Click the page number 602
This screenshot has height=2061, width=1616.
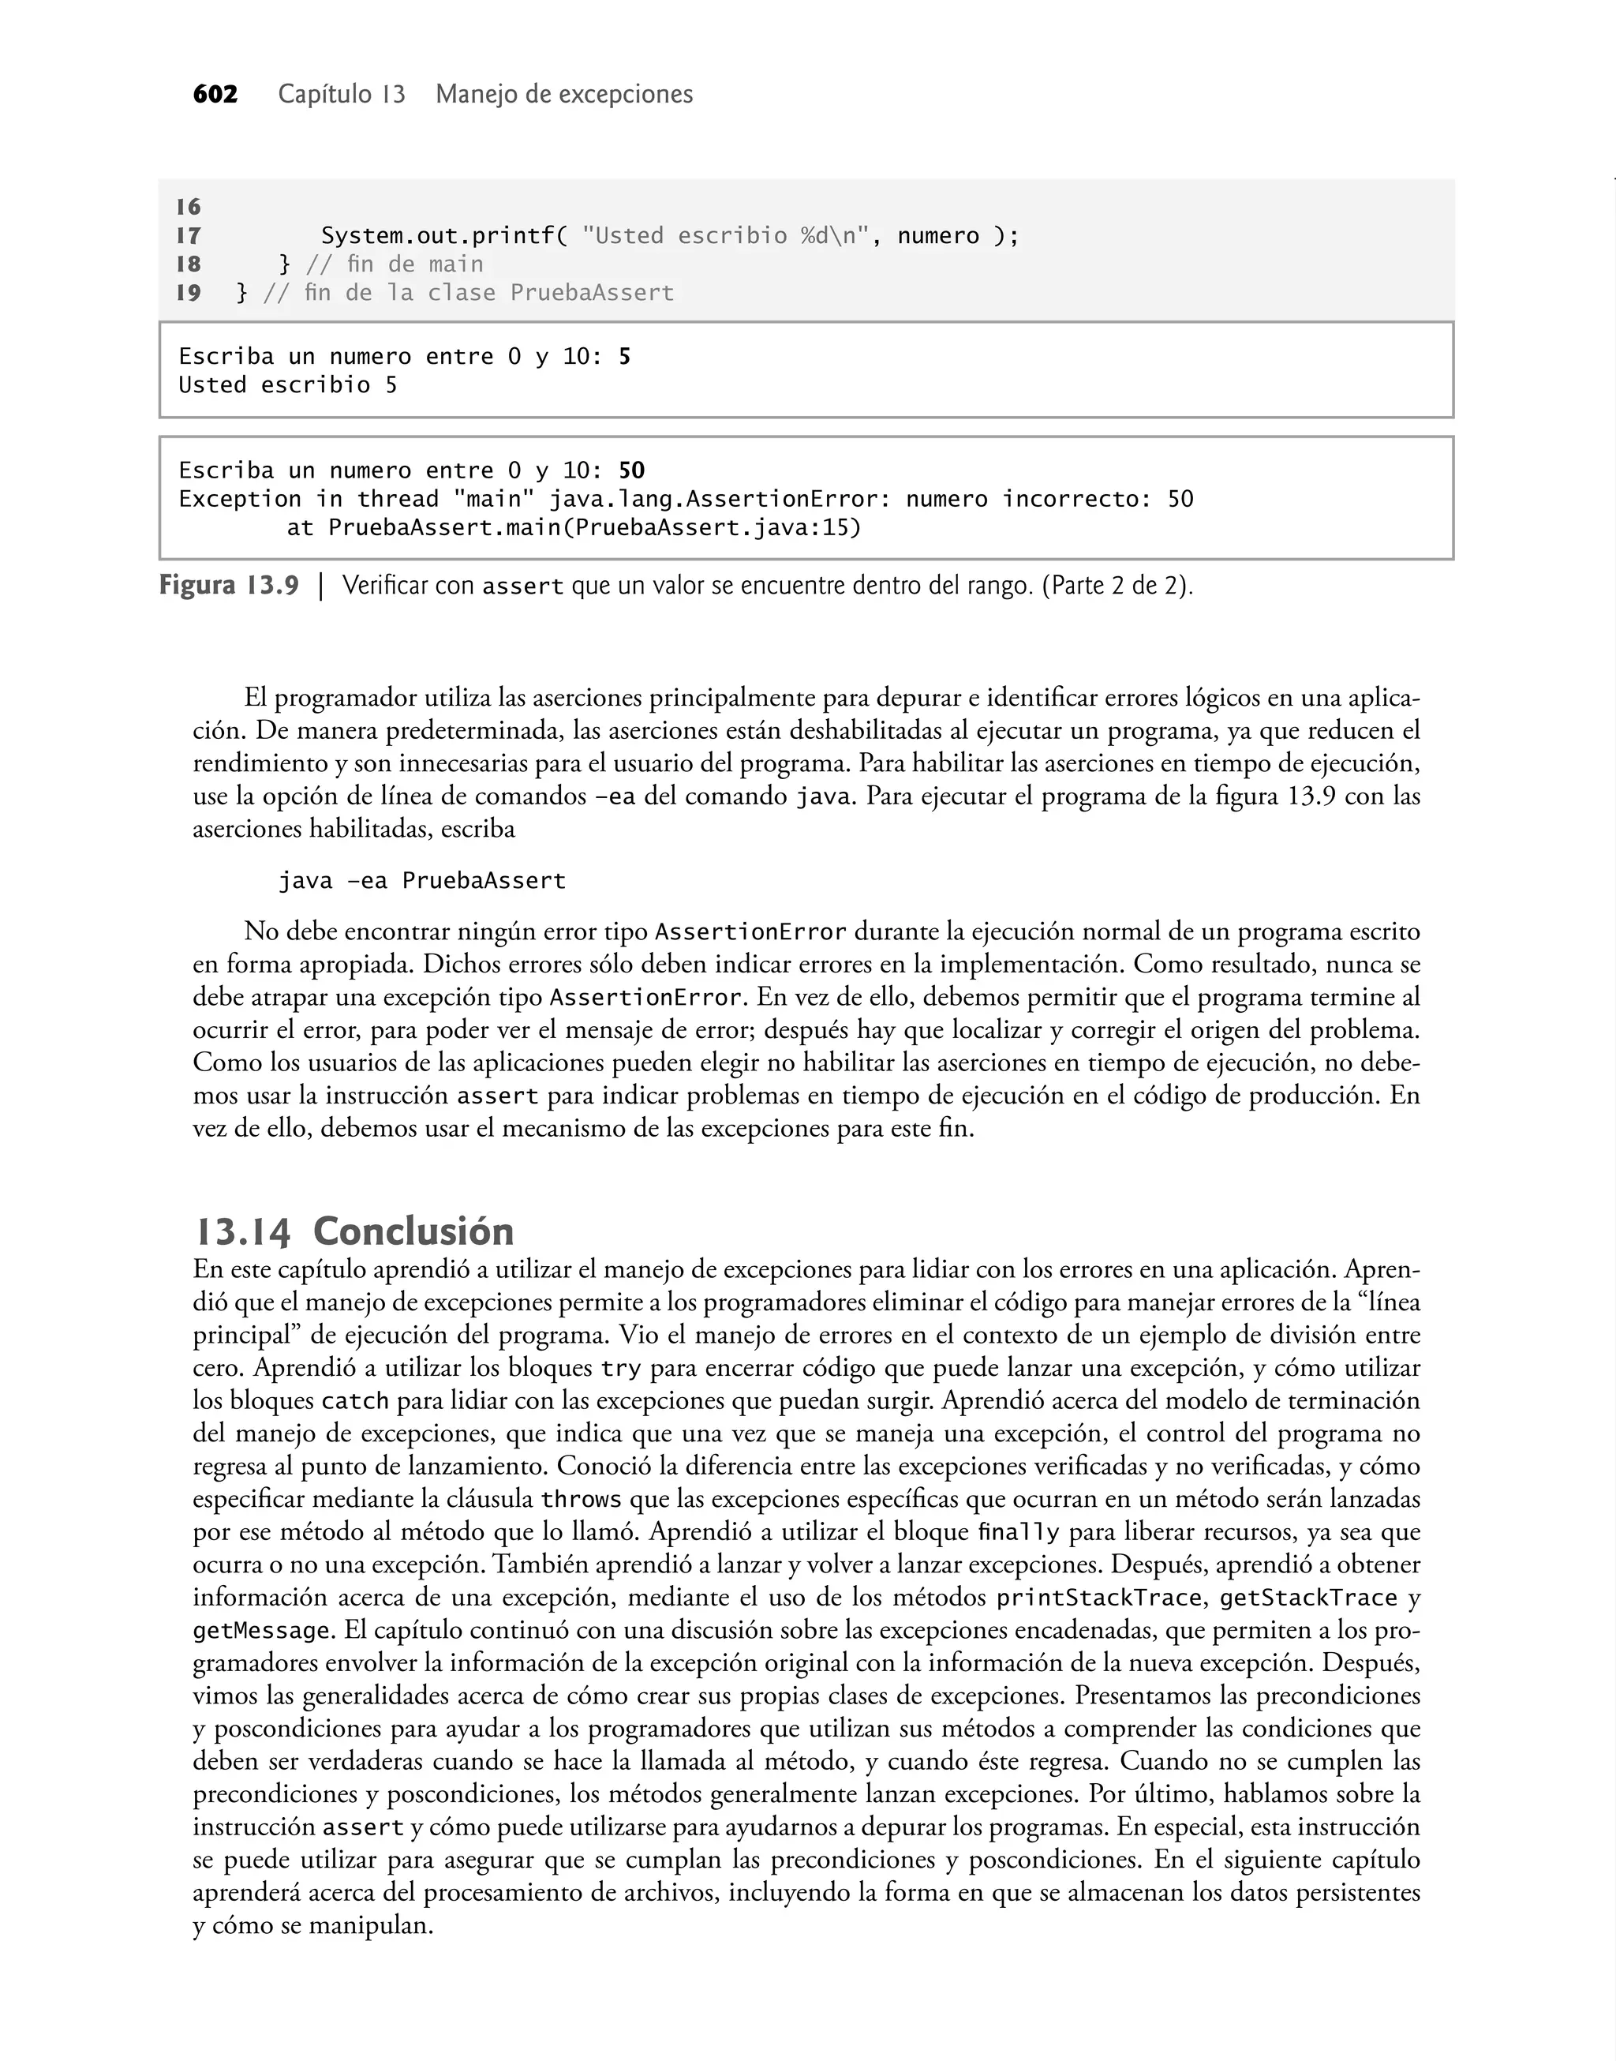[215, 95]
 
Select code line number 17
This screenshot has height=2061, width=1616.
[189, 236]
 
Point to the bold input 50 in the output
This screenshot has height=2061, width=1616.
[631, 470]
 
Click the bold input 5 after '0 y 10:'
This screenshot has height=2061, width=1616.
[624, 357]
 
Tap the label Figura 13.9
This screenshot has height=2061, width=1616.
[228, 586]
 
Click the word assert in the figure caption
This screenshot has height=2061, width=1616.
[522, 586]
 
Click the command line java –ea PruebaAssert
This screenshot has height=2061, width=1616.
[421, 881]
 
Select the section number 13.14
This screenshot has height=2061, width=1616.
[242, 1232]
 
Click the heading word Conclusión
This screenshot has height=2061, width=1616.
[413, 1232]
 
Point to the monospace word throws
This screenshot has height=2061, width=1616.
[580, 1500]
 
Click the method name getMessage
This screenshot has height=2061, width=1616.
[261, 1632]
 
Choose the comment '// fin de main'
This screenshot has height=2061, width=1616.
[395, 264]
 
